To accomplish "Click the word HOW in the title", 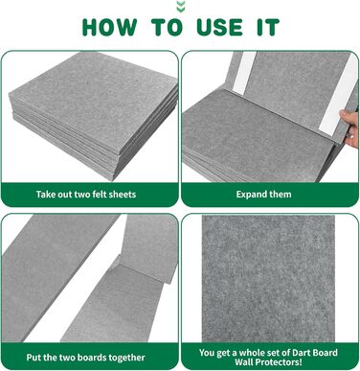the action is (109, 27).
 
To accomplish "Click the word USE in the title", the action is (220, 27).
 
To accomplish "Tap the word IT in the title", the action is (268, 27).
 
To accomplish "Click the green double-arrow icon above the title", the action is (181, 6).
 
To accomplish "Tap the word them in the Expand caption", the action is (281, 195).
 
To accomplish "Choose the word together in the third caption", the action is (127, 358).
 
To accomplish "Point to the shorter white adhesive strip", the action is (244, 73).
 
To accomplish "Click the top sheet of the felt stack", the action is (93, 99).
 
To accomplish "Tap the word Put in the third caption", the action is (34, 358).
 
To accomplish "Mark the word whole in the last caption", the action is (251, 353).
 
